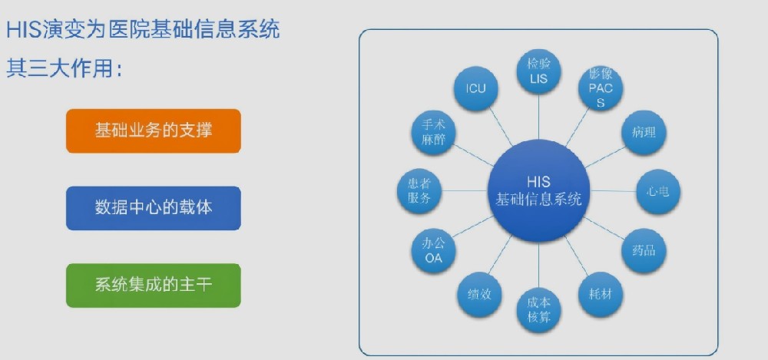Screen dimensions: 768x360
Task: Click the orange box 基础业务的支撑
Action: tap(154, 130)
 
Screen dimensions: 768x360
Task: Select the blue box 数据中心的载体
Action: tap(154, 208)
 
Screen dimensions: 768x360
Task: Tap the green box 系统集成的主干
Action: tap(154, 286)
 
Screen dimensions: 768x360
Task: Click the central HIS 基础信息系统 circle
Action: tap(539, 190)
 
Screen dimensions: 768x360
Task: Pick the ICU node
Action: tap(475, 88)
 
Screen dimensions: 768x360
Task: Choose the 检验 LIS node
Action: tap(539, 71)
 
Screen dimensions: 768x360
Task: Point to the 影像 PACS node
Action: tap(601, 88)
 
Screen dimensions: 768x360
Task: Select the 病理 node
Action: tap(644, 133)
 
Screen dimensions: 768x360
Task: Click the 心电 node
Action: tap(658, 191)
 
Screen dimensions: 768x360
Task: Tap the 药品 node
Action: tap(644, 251)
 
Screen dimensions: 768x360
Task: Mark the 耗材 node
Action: tap(601, 294)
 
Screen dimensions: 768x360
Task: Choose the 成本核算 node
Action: tap(539, 311)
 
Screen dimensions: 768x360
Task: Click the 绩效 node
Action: tap(479, 294)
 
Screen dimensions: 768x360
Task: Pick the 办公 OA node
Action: tap(433, 251)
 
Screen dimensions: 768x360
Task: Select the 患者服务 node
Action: tap(419, 191)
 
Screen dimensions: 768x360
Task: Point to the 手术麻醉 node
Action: tap(433, 133)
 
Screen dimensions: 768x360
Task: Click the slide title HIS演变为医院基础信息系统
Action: tap(143, 30)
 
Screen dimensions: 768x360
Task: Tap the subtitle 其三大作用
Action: tap(65, 68)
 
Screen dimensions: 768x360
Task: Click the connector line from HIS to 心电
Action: tap(613, 191)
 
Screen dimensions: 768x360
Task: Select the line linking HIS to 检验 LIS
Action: tap(539, 117)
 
